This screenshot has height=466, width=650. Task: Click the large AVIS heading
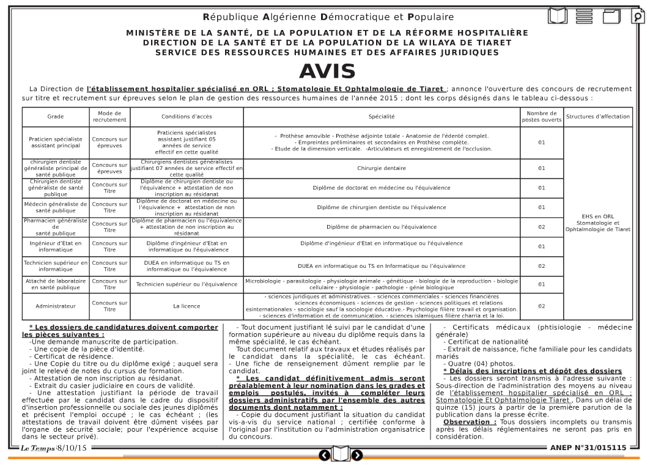click(x=327, y=72)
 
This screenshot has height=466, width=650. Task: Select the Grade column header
click(x=56, y=117)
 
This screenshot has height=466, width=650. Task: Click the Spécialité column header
click(x=382, y=117)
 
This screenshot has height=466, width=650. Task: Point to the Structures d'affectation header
click(x=597, y=117)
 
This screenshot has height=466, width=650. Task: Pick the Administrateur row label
click(x=56, y=306)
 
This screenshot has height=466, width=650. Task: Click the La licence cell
click(x=187, y=306)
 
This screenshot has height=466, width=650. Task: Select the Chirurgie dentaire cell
click(x=382, y=168)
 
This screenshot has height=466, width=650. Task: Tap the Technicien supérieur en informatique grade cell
click(x=56, y=266)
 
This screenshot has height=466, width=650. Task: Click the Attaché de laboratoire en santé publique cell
click(x=56, y=284)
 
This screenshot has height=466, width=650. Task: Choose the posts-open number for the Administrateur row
click(x=541, y=306)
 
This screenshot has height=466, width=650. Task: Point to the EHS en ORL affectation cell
click(x=597, y=223)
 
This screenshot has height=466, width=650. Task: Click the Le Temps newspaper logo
click(x=38, y=449)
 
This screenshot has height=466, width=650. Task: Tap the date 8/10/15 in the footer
click(x=72, y=449)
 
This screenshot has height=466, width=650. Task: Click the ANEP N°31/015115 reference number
click(x=588, y=448)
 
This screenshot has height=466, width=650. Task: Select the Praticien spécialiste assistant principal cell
click(x=56, y=142)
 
